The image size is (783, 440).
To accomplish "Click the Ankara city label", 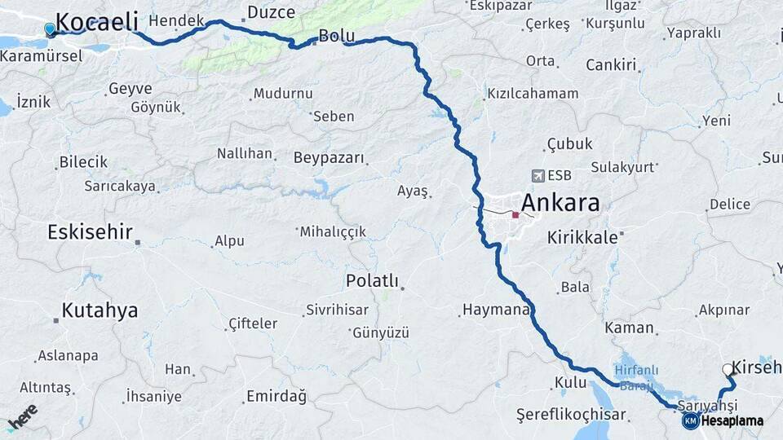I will click(x=560, y=202).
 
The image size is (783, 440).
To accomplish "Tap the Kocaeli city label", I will click(x=97, y=21).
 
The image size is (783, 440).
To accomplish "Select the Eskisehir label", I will click(x=90, y=232).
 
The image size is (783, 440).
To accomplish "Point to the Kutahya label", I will click(x=100, y=310).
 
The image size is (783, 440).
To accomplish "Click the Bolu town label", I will click(x=336, y=36).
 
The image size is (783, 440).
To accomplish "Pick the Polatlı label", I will click(x=372, y=281).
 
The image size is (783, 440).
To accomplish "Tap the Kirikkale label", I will click(x=582, y=237).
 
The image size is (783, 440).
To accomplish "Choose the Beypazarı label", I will click(x=329, y=158).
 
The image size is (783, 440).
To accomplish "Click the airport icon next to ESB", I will click(x=537, y=175).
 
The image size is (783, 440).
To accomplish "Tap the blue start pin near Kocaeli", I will click(x=50, y=30).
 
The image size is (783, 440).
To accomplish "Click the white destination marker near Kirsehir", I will click(x=728, y=370).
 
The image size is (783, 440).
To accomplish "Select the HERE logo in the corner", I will click(x=22, y=417).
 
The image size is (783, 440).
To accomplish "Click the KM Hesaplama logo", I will click(x=723, y=420).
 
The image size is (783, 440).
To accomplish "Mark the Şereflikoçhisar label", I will click(x=571, y=415).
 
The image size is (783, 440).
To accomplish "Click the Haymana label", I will click(x=496, y=310).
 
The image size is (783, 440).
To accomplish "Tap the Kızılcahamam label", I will click(x=533, y=94).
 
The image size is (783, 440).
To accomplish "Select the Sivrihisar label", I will click(x=337, y=310).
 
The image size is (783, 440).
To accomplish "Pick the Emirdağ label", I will click(x=276, y=397).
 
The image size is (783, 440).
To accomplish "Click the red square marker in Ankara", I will click(x=515, y=215).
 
